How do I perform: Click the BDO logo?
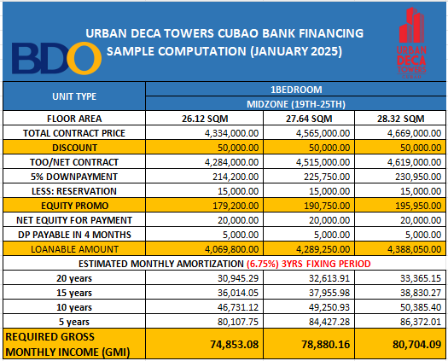pos(56,58)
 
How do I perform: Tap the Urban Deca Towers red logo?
pos(411,43)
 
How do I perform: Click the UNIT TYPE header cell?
pos(74,96)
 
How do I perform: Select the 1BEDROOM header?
pos(296,90)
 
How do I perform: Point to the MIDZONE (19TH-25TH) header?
pos(296,104)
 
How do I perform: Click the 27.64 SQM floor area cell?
pos(309,119)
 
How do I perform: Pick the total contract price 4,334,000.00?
pos(231,133)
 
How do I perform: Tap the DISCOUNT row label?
pos(74,148)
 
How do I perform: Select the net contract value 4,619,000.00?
pos(414,162)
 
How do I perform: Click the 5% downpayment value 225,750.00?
pos(327,177)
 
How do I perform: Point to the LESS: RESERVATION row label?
pos(74,191)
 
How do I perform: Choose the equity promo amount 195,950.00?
pos(418,206)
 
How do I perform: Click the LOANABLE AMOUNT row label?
pos(74,249)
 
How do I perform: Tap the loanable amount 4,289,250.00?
pos(323,249)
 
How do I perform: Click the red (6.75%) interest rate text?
pos(263,264)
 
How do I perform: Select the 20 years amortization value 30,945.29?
pos(238,278)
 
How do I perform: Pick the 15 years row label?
pos(74,293)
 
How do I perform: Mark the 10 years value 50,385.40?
pos(421,307)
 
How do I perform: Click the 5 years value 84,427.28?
pos(329,322)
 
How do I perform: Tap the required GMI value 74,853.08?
pos(235,345)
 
